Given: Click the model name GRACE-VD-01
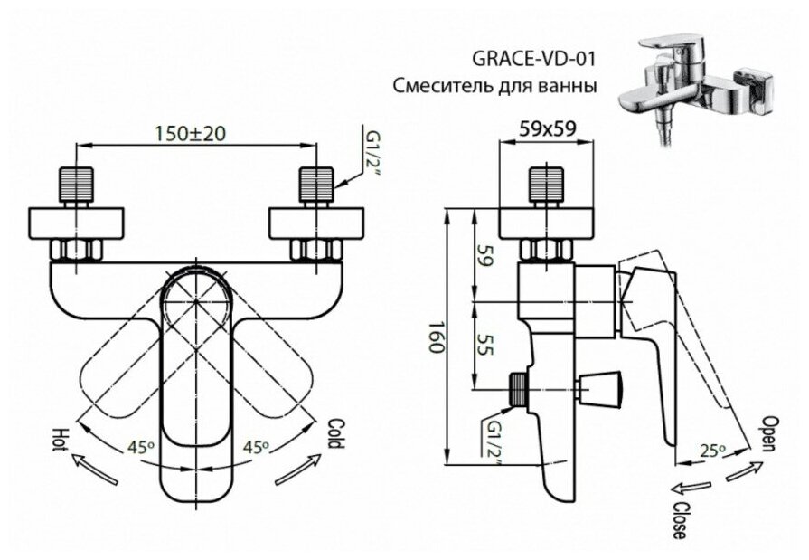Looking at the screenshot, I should click(x=534, y=60).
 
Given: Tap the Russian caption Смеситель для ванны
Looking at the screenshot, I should click(x=494, y=87).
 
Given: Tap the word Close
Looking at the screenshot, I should click(x=677, y=519).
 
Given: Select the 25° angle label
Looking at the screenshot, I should click(x=713, y=450).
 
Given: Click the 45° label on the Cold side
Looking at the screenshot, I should click(x=257, y=445).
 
